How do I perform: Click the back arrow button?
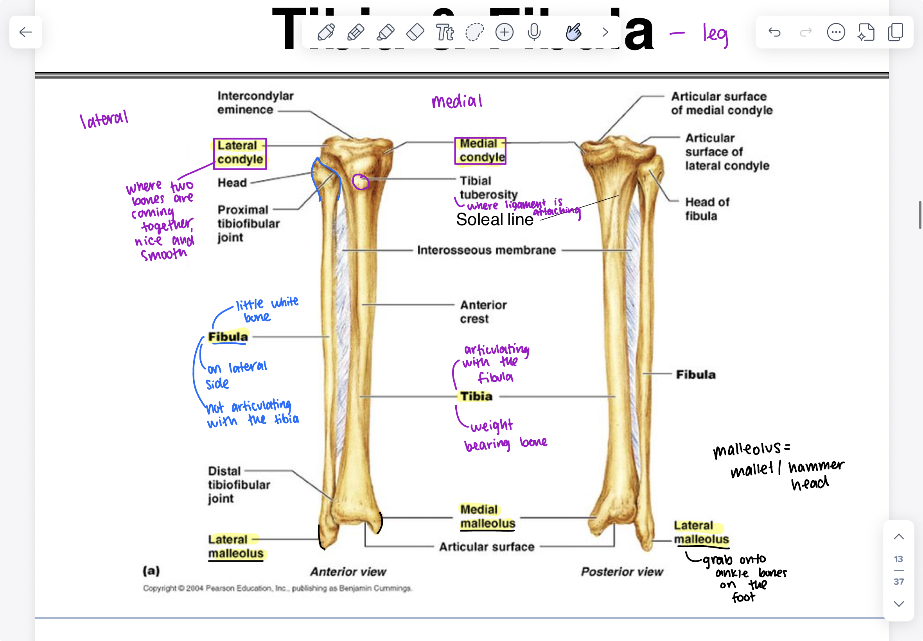click(26, 32)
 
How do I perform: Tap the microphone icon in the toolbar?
click(534, 32)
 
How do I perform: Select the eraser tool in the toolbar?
click(415, 32)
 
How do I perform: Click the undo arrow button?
click(774, 32)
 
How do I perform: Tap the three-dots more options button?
click(836, 32)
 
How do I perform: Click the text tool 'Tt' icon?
click(445, 32)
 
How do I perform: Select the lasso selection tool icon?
click(474, 32)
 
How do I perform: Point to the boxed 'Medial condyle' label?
click(481, 150)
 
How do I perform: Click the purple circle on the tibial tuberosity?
click(361, 182)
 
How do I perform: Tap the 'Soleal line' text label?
click(495, 220)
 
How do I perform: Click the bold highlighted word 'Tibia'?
click(476, 396)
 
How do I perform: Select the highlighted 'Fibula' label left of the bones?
click(228, 337)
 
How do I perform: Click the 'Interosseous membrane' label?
click(486, 250)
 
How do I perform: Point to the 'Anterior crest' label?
click(483, 312)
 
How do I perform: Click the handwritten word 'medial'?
click(457, 101)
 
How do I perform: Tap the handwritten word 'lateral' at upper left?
click(104, 119)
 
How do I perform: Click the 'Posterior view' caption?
click(621, 571)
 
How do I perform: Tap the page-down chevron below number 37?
click(899, 604)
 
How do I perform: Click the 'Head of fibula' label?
click(707, 209)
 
